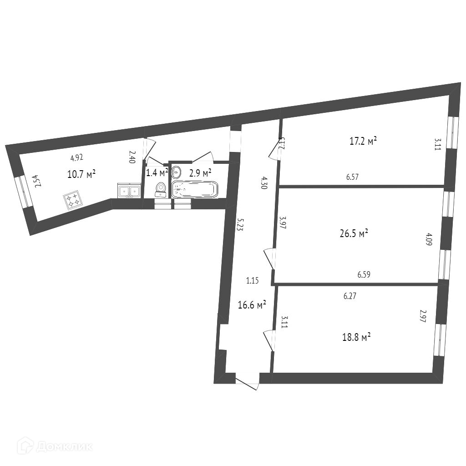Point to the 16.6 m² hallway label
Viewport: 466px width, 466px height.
[252, 305]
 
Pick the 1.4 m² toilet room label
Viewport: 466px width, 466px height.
[157, 172]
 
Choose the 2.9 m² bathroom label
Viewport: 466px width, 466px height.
[200, 173]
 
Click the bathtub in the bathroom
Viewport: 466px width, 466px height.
[195, 189]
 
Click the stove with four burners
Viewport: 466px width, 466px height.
[72, 201]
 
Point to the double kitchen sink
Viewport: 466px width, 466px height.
[129, 190]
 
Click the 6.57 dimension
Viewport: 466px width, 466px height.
[353, 178]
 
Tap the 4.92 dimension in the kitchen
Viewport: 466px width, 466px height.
[77, 158]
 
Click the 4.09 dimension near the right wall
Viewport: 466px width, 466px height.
[428, 239]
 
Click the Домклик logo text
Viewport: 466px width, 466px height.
[64, 446]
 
